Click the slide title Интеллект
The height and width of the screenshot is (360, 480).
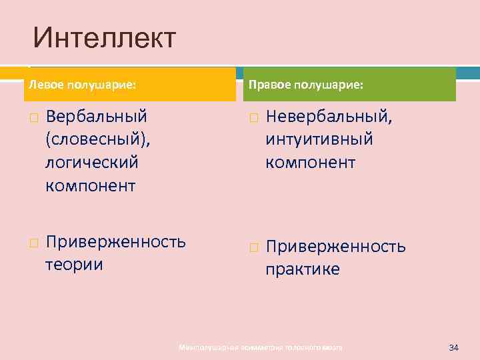click(x=105, y=39)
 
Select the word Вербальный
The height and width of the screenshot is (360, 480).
click(x=96, y=117)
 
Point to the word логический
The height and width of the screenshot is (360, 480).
click(x=91, y=162)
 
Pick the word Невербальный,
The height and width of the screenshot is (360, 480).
click(x=329, y=117)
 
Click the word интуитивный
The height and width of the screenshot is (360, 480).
click(x=319, y=139)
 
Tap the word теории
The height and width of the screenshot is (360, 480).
click(x=73, y=265)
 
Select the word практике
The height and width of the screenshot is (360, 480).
click(x=302, y=269)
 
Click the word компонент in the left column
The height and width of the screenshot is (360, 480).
click(x=90, y=185)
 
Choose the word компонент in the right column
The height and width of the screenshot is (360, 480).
click(x=310, y=162)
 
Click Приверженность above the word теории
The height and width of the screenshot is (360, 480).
click(x=115, y=241)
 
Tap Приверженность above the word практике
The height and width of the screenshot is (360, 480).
click(x=335, y=247)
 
